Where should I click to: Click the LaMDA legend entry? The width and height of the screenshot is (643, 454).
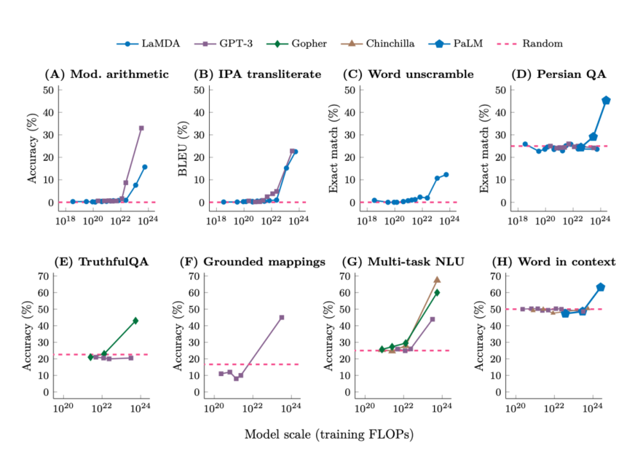(x=148, y=44)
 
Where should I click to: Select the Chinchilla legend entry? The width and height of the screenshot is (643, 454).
(x=377, y=44)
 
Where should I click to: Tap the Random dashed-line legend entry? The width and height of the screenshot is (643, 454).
(x=529, y=44)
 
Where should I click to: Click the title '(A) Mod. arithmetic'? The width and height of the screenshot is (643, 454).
(x=107, y=74)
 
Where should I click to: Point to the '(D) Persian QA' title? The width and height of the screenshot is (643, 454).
(x=559, y=74)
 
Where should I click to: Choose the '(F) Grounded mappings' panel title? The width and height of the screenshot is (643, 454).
(x=253, y=262)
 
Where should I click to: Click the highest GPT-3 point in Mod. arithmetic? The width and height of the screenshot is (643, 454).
(x=141, y=128)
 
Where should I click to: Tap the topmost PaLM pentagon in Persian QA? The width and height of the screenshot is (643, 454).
(x=606, y=100)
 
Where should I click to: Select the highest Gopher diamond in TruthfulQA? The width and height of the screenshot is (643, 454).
(x=135, y=321)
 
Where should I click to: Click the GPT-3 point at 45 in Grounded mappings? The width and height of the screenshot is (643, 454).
(x=282, y=318)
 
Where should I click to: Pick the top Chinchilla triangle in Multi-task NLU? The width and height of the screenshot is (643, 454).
(x=437, y=279)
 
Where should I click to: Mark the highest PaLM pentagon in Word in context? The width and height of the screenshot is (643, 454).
(x=601, y=287)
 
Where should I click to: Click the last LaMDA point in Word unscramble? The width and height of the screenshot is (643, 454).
(x=446, y=175)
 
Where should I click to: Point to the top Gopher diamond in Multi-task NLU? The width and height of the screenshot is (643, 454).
(x=437, y=293)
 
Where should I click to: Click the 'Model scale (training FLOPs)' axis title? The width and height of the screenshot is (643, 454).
(x=329, y=434)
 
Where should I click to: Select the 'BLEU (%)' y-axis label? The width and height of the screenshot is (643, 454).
(x=183, y=148)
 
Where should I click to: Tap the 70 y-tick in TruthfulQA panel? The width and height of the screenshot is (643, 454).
(x=44, y=276)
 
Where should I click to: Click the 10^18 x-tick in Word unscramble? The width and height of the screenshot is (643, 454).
(x=367, y=220)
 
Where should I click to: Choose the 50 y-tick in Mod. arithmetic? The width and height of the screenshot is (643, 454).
(x=48, y=90)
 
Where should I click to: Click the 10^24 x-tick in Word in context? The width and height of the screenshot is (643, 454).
(x=593, y=408)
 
